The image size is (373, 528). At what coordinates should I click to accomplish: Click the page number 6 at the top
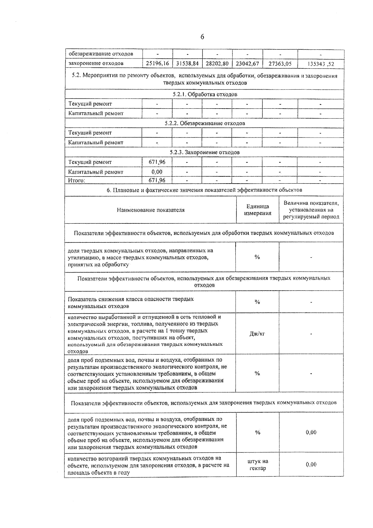(x=202, y=37)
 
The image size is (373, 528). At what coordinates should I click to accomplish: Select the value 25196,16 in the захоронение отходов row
(x=157, y=63)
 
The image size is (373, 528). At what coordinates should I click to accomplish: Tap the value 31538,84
(x=187, y=63)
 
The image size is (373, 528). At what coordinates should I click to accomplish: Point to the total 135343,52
(x=320, y=64)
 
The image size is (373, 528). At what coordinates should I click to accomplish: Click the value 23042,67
(x=247, y=63)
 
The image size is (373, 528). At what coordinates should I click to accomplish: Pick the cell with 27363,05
(x=280, y=63)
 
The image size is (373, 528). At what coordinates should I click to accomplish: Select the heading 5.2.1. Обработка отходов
(x=205, y=94)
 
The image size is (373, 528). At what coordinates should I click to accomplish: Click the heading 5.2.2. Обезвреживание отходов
(x=205, y=123)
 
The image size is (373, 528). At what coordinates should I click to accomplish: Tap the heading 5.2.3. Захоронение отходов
(x=205, y=152)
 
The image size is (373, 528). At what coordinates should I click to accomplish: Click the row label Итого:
(x=76, y=180)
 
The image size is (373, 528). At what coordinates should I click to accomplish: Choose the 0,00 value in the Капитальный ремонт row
(x=157, y=172)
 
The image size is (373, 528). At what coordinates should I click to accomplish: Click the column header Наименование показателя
(x=150, y=210)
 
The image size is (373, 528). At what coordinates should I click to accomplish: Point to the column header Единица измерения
(x=257, y=210)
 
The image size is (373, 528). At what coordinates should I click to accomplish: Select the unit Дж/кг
(x=257, y=334)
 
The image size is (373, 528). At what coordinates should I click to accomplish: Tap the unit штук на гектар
(x=257, y=465)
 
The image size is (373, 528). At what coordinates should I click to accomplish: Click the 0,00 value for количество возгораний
(x=311, y=464)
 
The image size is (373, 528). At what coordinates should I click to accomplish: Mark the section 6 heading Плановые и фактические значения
(x=204, y=190)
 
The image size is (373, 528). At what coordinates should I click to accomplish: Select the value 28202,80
(x=217, y=63)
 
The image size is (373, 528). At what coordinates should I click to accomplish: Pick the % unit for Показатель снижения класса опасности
(x=257, y=302)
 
